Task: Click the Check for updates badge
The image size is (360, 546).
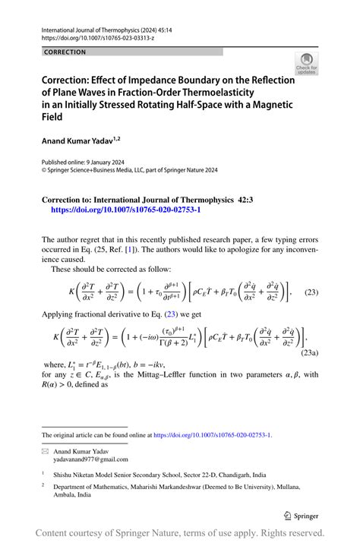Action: pos(306,63)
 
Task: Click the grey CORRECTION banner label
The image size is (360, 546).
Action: pos(65,52)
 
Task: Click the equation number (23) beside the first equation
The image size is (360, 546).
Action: pos(311,292)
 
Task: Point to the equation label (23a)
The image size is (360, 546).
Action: pos(308,352)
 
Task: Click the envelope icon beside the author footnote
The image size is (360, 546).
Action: pos(46,451)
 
